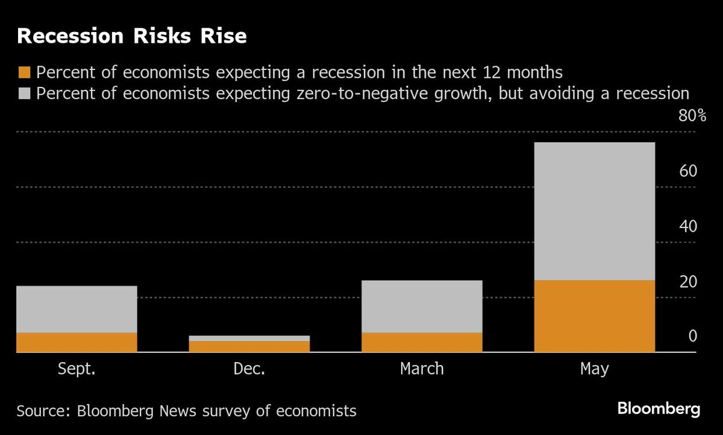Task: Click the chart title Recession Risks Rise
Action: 132,36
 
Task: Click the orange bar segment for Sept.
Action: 77,342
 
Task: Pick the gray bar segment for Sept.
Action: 77,309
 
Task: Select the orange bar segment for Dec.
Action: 249,346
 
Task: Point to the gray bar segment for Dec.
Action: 249,338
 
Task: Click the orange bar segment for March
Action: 422,342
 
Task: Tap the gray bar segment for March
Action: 422,306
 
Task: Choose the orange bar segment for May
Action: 594,316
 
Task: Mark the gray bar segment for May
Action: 594,211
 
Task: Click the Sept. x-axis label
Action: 77,369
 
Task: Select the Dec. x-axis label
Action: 249,369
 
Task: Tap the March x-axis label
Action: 422,369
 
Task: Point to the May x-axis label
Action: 594,369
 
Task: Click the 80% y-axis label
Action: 692,116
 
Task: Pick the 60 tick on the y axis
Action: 687,171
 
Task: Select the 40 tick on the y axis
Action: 687,227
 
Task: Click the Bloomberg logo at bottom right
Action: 659,409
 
